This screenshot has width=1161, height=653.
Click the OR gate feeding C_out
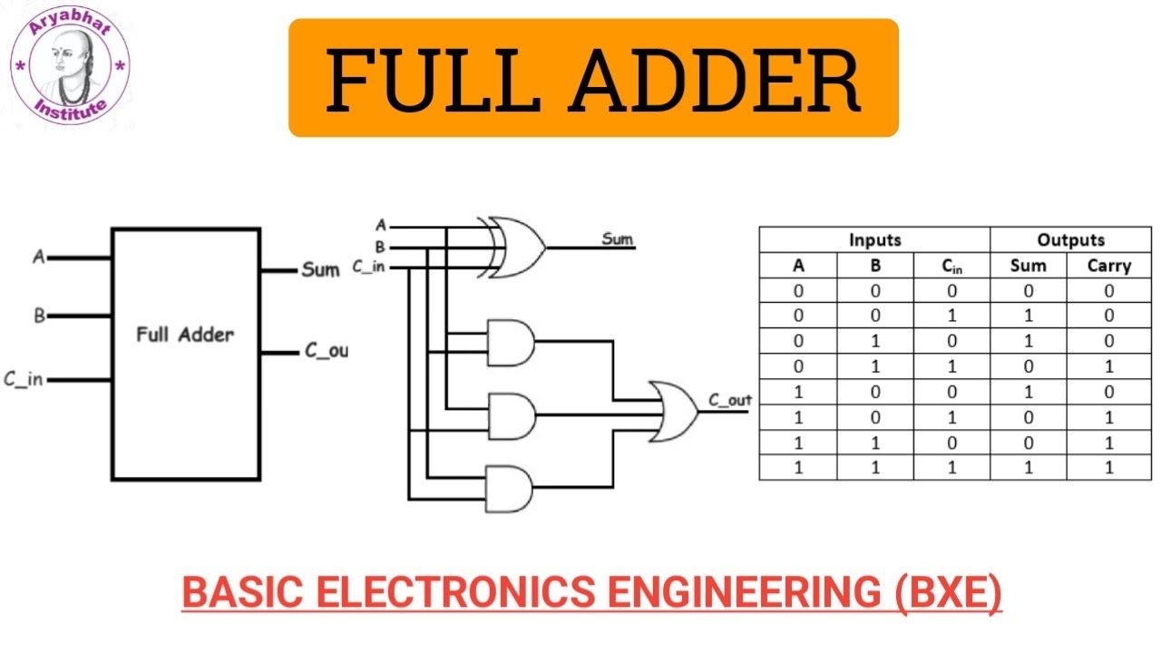tap(672, 412)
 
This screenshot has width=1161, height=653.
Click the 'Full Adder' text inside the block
tap(185, 334)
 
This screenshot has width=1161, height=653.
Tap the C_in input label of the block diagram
tap(24, 379)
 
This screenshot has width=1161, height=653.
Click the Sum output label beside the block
tap(320, 270)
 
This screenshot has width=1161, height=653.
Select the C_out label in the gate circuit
tap(729, 400)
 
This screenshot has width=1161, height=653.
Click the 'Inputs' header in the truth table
tap(874, 240)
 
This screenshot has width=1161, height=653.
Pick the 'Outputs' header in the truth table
tap(1070, 240)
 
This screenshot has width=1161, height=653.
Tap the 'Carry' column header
tap(1108, 266)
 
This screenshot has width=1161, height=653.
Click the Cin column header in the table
tap(951, 266)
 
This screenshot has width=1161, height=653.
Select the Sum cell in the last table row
tap(1028, 467)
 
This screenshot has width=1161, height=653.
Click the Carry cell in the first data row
tap(1108, 291)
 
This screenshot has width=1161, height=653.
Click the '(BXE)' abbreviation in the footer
tap(949, 593)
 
